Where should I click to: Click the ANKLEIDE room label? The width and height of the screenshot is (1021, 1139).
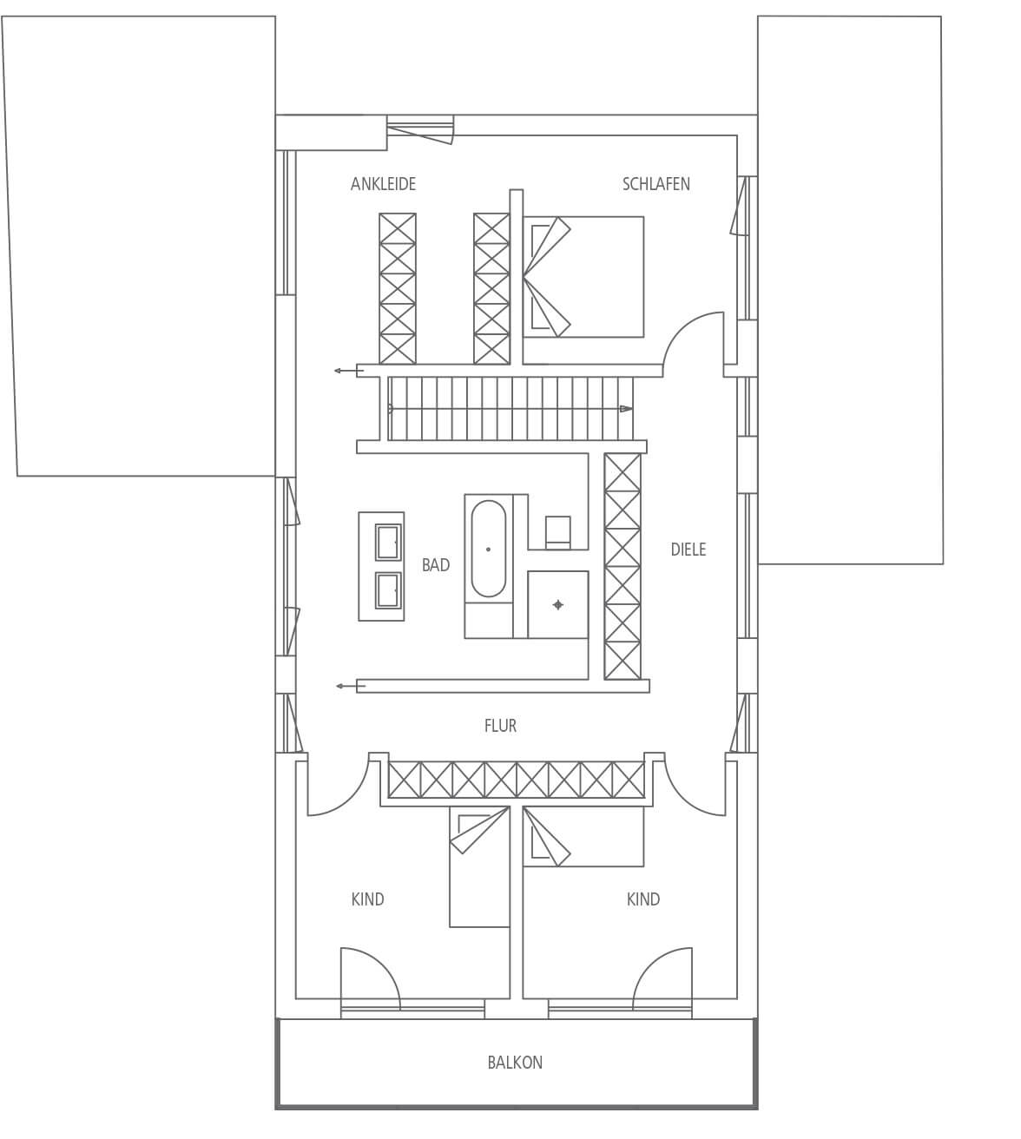pos(383,184)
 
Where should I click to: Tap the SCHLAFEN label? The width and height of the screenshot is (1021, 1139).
pos(655,184)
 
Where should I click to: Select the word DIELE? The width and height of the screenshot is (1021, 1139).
pos(688,550)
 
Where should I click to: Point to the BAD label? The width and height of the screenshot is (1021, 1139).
pos(436,565)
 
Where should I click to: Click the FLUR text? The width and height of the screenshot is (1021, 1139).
pos(500,726)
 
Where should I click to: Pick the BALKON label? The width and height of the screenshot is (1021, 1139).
pos(515,1063)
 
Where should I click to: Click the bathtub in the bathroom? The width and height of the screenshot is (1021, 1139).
pos(488,549)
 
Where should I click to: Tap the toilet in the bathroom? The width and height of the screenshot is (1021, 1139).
pos(557,532)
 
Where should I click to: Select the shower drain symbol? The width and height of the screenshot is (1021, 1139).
pos(557,605)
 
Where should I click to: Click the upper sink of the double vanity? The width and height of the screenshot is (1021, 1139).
pos(388,542)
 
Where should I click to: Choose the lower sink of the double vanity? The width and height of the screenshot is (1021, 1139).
pos(388,590)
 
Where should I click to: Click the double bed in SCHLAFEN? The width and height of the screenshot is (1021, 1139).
pos(583,277)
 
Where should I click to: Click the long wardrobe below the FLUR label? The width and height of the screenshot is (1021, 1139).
pos(516,780)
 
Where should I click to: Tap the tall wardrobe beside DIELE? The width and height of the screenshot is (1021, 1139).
pos(622,566)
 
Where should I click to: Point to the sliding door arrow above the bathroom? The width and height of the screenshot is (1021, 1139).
pos(348,371)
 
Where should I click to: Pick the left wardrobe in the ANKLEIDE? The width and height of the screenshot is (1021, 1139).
pos(398,288)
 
